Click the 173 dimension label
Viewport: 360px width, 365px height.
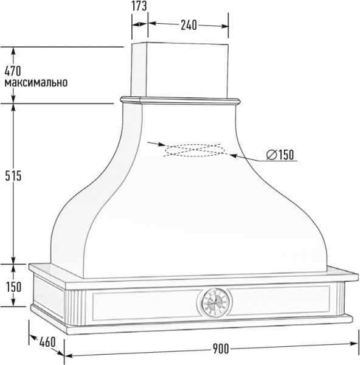click(139, 6)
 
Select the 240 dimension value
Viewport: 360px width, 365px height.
click(189, 25)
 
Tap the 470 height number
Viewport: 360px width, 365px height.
click(13, 71)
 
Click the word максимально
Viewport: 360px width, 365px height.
click(36, 83)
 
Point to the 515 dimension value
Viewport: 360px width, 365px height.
click(13, 176)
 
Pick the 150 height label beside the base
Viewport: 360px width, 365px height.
click(14, 287)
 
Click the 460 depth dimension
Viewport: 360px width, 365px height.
click(47, 342)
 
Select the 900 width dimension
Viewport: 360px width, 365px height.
click(221, 349)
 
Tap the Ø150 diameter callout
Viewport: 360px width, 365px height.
click(280, 155)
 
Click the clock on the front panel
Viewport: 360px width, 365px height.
click(215, 302)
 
